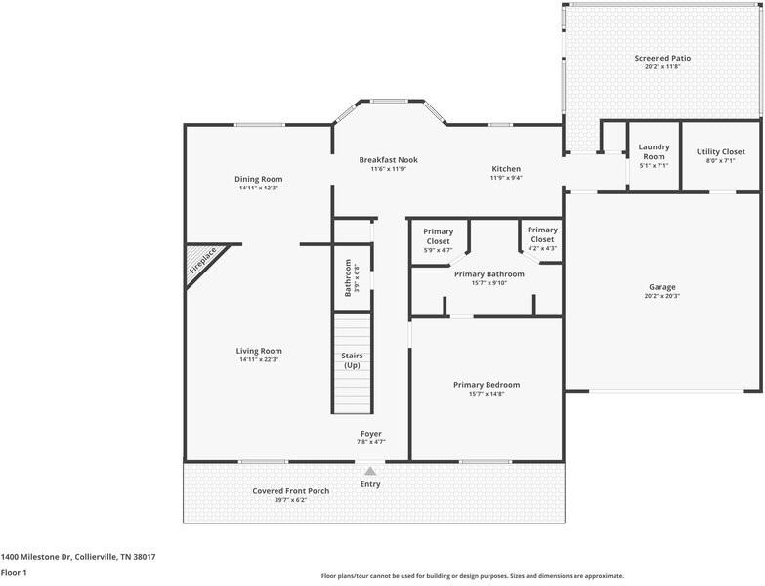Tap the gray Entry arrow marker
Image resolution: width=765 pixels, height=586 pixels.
(x=370, y=471)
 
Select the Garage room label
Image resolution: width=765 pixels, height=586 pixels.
(x=662, y=287)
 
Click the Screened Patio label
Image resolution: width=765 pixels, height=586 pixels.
(x=662, y=58)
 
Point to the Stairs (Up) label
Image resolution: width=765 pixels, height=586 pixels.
(x=352, y=360)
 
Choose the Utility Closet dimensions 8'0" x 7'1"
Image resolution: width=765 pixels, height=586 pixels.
(x=720, y=161)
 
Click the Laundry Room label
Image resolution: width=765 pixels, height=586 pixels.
(x=654, y=151)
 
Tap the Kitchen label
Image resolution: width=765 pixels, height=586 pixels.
(x=506, y=169)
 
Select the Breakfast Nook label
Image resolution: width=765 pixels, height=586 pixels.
(x=388, y=160)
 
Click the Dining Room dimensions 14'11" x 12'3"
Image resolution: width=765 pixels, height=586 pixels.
(x=258, y=188)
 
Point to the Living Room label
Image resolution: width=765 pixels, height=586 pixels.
(x=259, y=351)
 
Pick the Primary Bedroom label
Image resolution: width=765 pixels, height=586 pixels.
(x=487, y=385)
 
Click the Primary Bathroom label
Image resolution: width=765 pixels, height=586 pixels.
(x=489, y=274)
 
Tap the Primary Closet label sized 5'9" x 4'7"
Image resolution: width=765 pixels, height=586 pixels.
(x=438, y=236)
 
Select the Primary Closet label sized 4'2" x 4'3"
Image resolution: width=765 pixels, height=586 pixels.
(x=542, y=234)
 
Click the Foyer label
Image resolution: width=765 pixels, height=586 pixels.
(x=371, y=434)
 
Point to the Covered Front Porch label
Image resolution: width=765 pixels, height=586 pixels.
(x=291, y=491)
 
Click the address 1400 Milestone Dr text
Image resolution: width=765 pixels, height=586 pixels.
(x=35, y=557)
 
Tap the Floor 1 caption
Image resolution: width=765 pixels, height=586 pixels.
(x=14, y=573)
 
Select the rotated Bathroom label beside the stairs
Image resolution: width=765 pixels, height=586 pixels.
(x=348, y=277)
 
